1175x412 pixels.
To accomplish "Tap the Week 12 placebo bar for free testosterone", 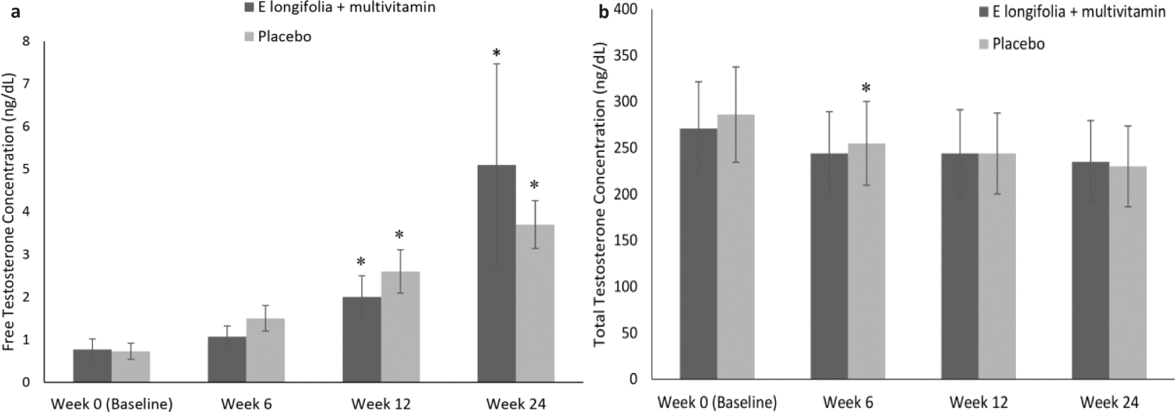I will pos(400,327).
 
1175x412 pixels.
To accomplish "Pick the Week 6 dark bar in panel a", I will pos(226,359).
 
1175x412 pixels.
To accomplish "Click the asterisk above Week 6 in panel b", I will pos(865,89).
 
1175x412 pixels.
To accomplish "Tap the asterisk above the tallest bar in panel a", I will pos(496,53).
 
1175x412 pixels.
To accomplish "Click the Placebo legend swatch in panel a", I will pos(251,36).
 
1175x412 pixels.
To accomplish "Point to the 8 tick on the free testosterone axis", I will pos(26,41).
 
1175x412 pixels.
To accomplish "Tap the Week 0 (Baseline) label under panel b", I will pos(716,403).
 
